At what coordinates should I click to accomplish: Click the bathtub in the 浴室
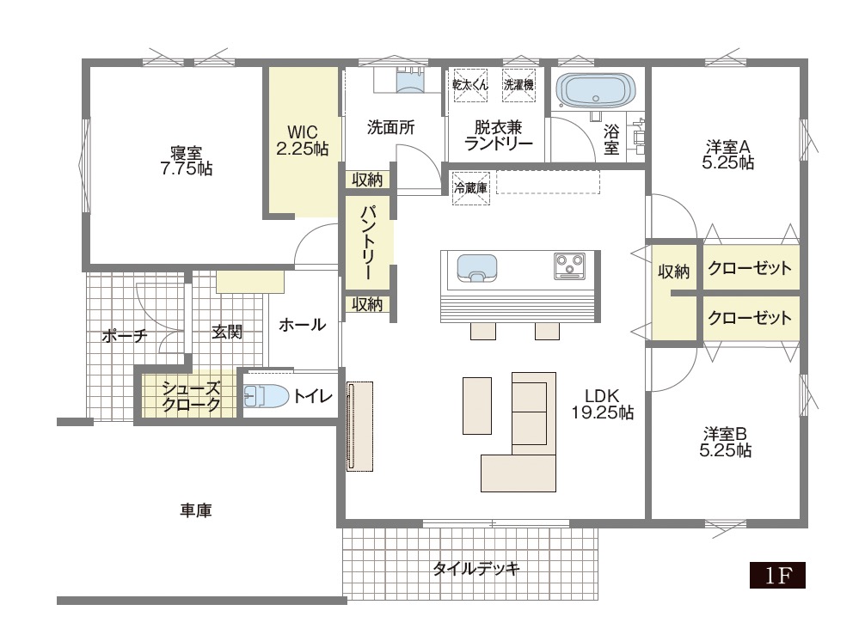click(x=595, y=90)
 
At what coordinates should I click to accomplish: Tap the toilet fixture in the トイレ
click(x=266, y=396)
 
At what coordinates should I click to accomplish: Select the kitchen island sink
click(x=477, y=268)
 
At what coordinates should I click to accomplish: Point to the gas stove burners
click(x=570, y=266)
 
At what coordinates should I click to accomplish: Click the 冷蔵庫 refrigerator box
click(x=470, y=188)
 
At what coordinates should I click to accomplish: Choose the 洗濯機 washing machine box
click(x=518, y=85)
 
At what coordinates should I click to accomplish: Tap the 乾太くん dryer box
click(x=470, y=85)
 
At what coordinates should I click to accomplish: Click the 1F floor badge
click(x=777, y=575)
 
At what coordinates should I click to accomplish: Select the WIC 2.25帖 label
click(x=303, y=140)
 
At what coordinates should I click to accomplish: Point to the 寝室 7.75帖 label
click(x=187, y=161)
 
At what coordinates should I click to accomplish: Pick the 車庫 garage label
click(x=196, y=510)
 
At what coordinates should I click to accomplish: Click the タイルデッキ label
click(x=476, y=568)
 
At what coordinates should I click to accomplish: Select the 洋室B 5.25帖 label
click(x=726, y=442)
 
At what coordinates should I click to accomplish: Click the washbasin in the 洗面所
click(x=410, y=81)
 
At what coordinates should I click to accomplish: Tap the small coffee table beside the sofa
click(x=477, y=406)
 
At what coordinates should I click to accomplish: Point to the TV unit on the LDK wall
click(x=359, y=426)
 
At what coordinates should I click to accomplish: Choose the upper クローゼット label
click(x=750, y=268)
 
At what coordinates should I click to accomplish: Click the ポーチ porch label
click(x=125, y=335)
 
